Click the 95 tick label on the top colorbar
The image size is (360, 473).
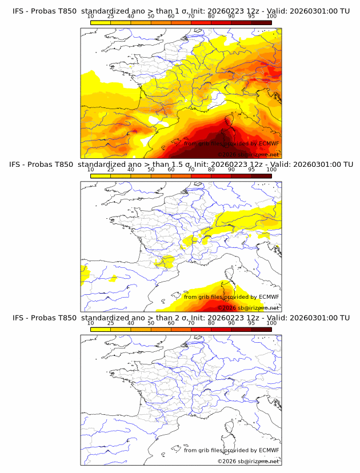[251, 17]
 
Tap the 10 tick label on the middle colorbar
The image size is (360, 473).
[90, 170]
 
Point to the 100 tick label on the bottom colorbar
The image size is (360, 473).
[271, 323]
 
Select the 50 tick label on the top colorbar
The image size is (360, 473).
[151, 17]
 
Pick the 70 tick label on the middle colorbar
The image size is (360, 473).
[191, 170]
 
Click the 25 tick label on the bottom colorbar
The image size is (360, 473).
[110, 323]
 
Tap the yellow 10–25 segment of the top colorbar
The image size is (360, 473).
[101, 22]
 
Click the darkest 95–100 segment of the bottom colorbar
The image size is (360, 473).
[262, 330]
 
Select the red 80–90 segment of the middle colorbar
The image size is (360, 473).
[221, 176]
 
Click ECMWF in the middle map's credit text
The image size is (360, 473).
[269, 297]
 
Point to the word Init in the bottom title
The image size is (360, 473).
[190, 318]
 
